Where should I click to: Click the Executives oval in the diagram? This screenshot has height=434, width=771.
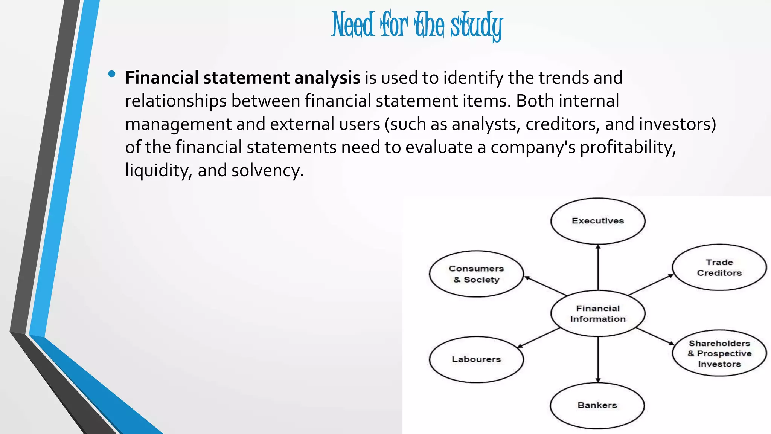(x=598, y=221)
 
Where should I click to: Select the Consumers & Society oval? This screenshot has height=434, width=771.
(x=476, y=274)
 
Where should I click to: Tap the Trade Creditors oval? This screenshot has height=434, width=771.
(x=719, y=267)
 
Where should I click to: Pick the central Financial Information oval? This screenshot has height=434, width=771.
(x=598, y=313)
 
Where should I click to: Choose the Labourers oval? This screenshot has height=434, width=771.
(x=476, y=359)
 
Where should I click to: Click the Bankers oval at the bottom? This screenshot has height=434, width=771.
(x=597, y=406)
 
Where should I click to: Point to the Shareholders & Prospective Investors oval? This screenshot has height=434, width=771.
(x=719, y=353)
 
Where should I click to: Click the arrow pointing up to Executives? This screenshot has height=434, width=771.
(x=598, y=267)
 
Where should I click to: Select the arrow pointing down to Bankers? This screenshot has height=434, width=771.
(x=598, y=360)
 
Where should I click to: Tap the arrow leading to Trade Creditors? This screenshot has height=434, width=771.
(x=651, y=284)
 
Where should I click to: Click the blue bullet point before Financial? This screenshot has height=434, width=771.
(x=111, y=74)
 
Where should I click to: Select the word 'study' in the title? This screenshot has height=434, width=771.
(x=477, y=26)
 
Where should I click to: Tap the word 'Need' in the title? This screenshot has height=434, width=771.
(x=353, y=25)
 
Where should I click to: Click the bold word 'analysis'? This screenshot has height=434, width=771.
(x=327, y=78)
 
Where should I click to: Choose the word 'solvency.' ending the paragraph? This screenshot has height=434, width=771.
(x=267, y=171)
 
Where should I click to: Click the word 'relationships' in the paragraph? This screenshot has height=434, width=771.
(x=176, y=101)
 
